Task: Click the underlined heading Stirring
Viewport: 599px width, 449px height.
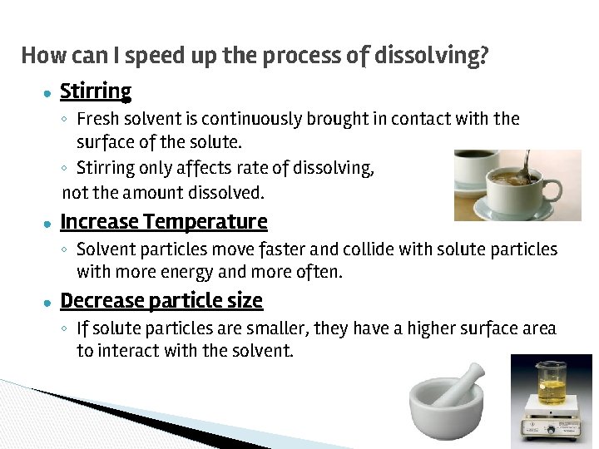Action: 96,91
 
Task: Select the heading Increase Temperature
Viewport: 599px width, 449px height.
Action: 164,222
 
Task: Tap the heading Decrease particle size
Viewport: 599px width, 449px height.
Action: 161,300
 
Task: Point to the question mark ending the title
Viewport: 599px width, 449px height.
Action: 483,56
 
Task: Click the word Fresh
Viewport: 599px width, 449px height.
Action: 97,119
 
